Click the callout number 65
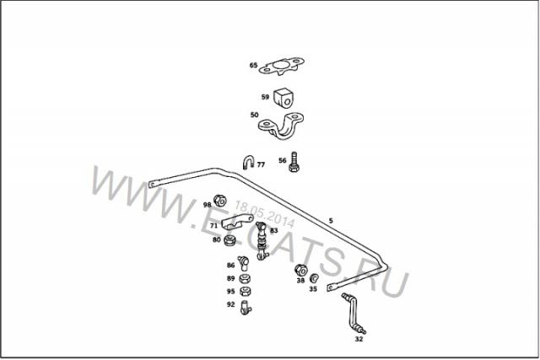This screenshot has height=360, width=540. coord(253,65)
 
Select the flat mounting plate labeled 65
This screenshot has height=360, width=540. coord(282,67)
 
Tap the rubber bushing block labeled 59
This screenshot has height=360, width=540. coord(283,98)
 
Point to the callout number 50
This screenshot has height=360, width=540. coord(254,115)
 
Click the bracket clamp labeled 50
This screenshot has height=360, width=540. coord(281,126)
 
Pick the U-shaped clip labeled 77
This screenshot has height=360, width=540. coord(248,162)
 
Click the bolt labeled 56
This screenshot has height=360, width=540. coord(294,162)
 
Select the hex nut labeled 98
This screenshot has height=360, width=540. coord(219,201)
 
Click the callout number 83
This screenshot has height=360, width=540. coord(273,230)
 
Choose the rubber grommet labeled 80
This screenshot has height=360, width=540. coord(229,240)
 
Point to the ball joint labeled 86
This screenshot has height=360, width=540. coord(244,263)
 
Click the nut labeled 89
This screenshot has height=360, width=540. coord(245,278)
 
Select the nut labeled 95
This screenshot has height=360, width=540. coord(245,292)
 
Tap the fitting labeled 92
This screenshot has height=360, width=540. coord(246,308)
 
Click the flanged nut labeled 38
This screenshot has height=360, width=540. coord(301,270)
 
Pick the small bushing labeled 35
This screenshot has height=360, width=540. coord(314,277)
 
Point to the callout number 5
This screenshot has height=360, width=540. coord(331,221)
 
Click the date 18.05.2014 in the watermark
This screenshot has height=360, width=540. coord(264,214)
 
